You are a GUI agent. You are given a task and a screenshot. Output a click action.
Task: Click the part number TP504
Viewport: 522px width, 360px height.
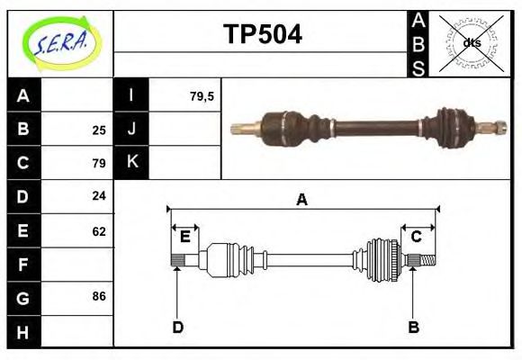point(262,34)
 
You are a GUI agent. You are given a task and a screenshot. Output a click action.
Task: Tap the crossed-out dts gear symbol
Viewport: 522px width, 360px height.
point(471,42)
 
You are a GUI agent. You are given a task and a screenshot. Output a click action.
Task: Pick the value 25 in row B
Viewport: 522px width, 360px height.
point(99,130)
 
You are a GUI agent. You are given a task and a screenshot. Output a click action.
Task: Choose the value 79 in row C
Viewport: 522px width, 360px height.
point(99,163)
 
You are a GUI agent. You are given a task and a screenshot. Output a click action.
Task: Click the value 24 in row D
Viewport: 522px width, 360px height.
point(99,196)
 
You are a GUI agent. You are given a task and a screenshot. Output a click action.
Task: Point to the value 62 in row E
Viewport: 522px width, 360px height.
point(99,230)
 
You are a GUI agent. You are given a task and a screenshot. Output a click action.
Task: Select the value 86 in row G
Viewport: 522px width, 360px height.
point(99,296)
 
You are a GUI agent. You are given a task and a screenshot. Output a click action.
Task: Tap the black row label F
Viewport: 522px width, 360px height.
point(23,265)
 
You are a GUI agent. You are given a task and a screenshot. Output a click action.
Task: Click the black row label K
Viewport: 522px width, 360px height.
point(131,163)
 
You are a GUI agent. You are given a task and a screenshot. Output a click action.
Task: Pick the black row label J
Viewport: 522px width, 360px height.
point(131,129)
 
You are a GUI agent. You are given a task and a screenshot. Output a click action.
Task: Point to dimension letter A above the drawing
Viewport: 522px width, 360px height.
point(302,200)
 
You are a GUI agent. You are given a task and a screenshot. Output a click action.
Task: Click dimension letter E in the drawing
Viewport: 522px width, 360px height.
point(184,237)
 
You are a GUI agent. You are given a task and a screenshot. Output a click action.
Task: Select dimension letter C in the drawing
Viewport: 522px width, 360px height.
point(417,237)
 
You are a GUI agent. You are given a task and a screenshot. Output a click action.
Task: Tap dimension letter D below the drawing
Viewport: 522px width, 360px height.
point(177,328)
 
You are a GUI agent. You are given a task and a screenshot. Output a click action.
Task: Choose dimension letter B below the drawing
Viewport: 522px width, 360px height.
point(414,328)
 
